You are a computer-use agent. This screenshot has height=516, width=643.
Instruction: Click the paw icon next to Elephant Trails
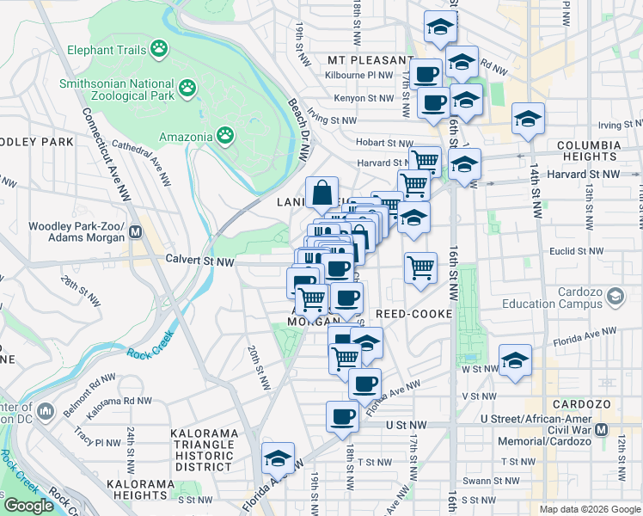coord(158,50)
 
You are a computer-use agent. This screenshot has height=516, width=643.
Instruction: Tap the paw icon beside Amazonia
coord(225,136)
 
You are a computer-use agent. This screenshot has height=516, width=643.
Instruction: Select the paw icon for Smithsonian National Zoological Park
coord(187,88)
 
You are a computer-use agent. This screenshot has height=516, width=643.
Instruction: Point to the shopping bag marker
coord(321,194)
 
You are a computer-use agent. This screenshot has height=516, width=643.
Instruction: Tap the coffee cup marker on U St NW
coord(342,417)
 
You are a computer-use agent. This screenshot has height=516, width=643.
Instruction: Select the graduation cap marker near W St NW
coord(515,360)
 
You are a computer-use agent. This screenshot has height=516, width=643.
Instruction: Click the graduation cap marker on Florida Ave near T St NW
coord(278,459)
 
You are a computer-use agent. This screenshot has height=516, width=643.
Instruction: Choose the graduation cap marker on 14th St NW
coord(528,120)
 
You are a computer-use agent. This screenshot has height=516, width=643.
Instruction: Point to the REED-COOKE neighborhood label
coord(414,314)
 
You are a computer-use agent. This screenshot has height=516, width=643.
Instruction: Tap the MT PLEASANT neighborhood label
coord(370,60)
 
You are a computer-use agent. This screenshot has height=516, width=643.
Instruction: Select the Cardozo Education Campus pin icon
coord(615,297)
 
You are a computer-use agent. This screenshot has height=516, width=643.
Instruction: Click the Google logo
coord(28,506)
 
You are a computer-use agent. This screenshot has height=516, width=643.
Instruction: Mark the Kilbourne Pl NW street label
coord(360,76)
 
